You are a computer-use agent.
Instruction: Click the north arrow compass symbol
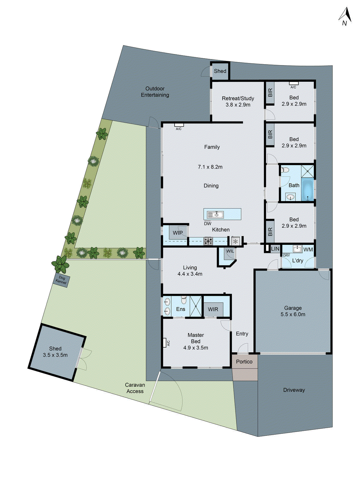tap(346, 16)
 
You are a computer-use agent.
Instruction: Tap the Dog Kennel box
tap(61, 280)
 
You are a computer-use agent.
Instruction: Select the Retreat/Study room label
tap(238, 98)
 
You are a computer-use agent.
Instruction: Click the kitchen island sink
tap(215, 214)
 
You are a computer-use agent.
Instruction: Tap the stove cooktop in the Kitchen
tap(208, 241)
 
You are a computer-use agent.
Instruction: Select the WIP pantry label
tap(178, 233)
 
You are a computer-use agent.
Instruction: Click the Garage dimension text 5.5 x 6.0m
tap(293, 314)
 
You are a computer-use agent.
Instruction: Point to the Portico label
tap(244, 361)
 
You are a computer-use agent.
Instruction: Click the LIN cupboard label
tap(275, 249)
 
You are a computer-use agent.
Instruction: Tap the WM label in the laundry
tap(308, 250)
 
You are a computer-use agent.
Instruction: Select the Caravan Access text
tap(135, 388)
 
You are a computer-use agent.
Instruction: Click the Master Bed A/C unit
tap(164, 343)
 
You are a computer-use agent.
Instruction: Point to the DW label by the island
tap(208, 223)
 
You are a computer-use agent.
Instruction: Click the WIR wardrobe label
tap(213, 309)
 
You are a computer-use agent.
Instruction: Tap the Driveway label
tap(294, 390)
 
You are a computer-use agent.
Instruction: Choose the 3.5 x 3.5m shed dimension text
tap(55, 355)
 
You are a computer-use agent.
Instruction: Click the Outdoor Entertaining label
tap(155, 92)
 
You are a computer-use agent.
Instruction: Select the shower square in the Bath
tap(307, 171)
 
